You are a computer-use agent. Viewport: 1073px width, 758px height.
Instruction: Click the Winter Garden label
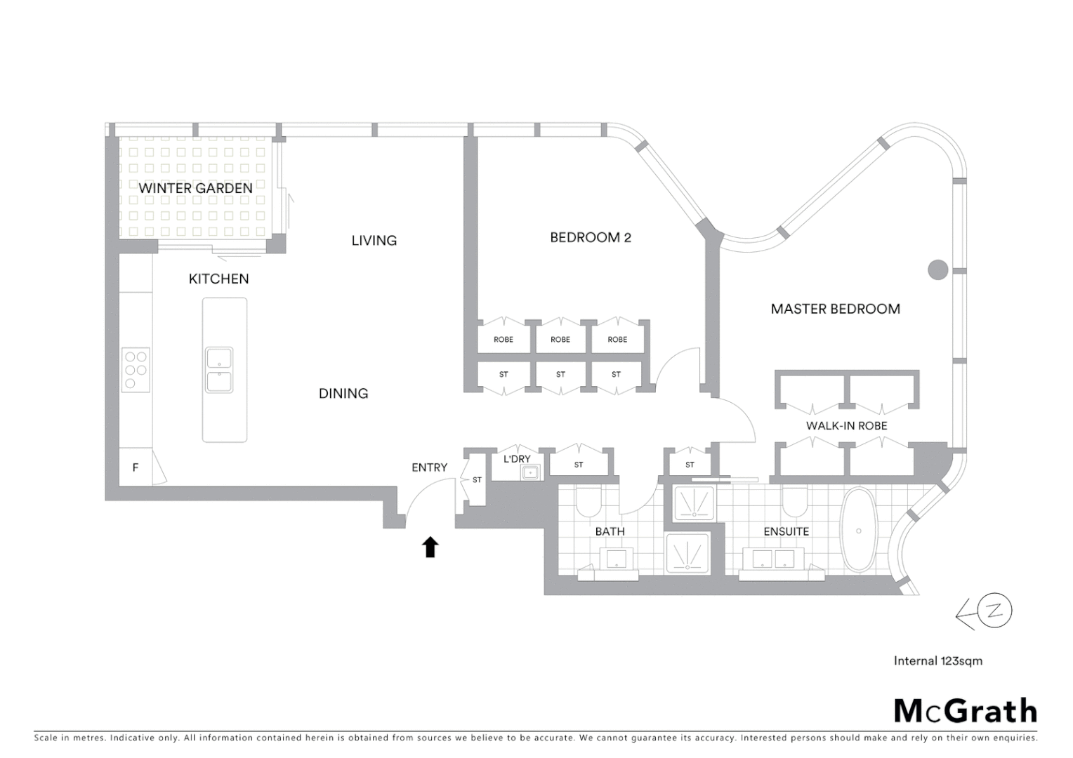pyautogui.click(x=195, y=188)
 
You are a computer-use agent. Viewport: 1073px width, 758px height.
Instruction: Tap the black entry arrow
pyautogui.click(x=430, y=547)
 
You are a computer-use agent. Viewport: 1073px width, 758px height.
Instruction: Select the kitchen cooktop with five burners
pyautogui.click(x=136, y=370)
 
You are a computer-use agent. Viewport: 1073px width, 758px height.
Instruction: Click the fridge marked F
pyautogui.click(x=136, y=467)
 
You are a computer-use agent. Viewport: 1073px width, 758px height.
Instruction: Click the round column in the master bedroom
pyautogui.click(x=937, y=270)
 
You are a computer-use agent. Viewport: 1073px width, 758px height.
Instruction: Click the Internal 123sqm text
pyautogui.click(x=937, y=660)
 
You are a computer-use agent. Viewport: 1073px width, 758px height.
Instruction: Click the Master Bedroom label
pyautogui.click(x=835, y=309)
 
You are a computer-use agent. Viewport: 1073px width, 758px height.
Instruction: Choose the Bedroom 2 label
pyautogui.click(x=590, y=238)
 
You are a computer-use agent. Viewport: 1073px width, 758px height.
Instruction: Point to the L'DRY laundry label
pyautogui.click(x=517, y=459)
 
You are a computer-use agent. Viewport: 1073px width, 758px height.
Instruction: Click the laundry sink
pyautogui.click(x=530, y=473)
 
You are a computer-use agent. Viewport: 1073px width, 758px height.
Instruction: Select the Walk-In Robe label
pyautogui.click(x=846, y=426)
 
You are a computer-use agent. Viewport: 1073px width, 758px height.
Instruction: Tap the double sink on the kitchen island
pyautogui.click(x=219, y=370)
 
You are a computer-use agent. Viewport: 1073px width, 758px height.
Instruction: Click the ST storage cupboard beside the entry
pyautogui.click(x=476, y=480)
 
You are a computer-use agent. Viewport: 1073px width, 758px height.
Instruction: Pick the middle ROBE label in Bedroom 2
pyautogui.click(x=560, y=340)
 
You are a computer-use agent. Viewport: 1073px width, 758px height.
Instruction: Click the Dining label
pyautogui.click(x=343, y=394)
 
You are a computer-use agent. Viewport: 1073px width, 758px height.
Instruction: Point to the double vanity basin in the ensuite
pyautogui.click(x=773, y=559)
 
